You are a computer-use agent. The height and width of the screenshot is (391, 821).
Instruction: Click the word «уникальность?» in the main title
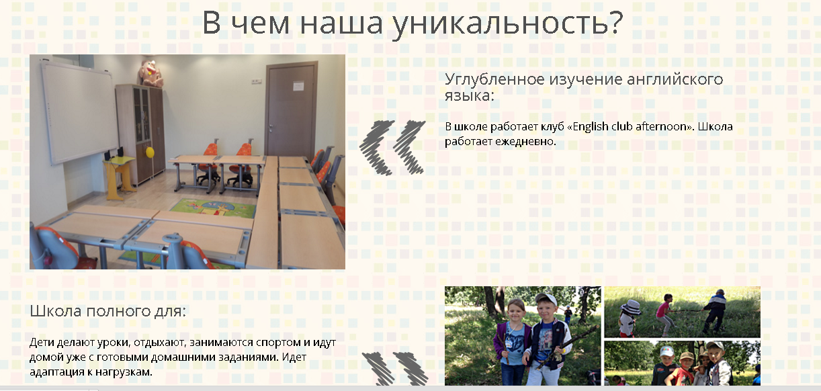(507, 23)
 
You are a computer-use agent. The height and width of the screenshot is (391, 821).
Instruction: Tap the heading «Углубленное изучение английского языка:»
(584, 87)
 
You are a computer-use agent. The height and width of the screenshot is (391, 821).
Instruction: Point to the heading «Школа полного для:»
(107, 311)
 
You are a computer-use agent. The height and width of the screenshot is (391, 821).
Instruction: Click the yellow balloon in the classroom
(150, 152)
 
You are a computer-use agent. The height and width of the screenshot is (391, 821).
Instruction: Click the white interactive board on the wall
(79, 112)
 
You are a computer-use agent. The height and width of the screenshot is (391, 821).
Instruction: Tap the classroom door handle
(271, 128)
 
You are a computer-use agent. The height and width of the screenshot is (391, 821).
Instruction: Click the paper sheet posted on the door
(298, 86)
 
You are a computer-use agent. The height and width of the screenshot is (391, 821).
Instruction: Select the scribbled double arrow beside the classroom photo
(392, 147)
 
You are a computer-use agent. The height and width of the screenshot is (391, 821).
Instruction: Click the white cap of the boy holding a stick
(546, 299)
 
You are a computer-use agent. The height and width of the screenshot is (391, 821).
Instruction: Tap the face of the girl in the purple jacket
(516, 311)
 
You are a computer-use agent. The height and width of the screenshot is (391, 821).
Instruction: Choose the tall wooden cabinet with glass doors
(140, 134)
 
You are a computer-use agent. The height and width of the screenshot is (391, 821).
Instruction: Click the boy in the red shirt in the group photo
(683, 370)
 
